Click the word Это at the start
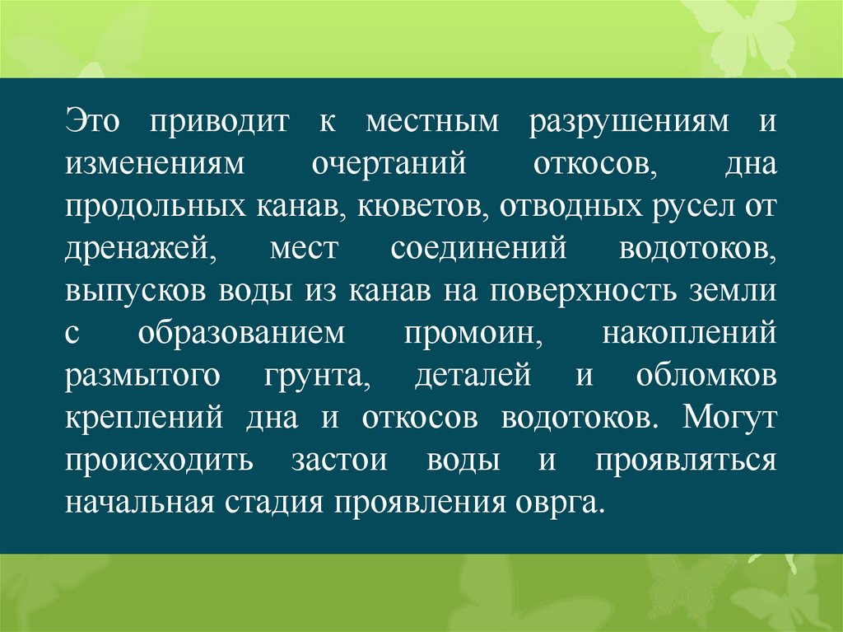[x=94, y=121]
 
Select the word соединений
[x=478, y=249]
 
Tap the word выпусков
[x=136, y=292]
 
